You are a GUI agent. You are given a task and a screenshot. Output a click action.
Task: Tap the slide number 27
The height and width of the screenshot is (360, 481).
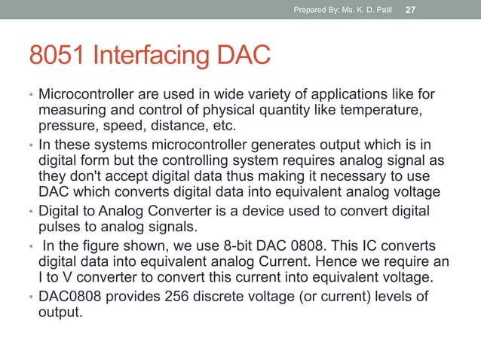(412, 9)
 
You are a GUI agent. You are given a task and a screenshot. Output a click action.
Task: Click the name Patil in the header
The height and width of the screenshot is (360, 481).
(382, 10)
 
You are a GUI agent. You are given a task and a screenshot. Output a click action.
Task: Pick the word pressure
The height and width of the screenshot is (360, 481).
(66, 126)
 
